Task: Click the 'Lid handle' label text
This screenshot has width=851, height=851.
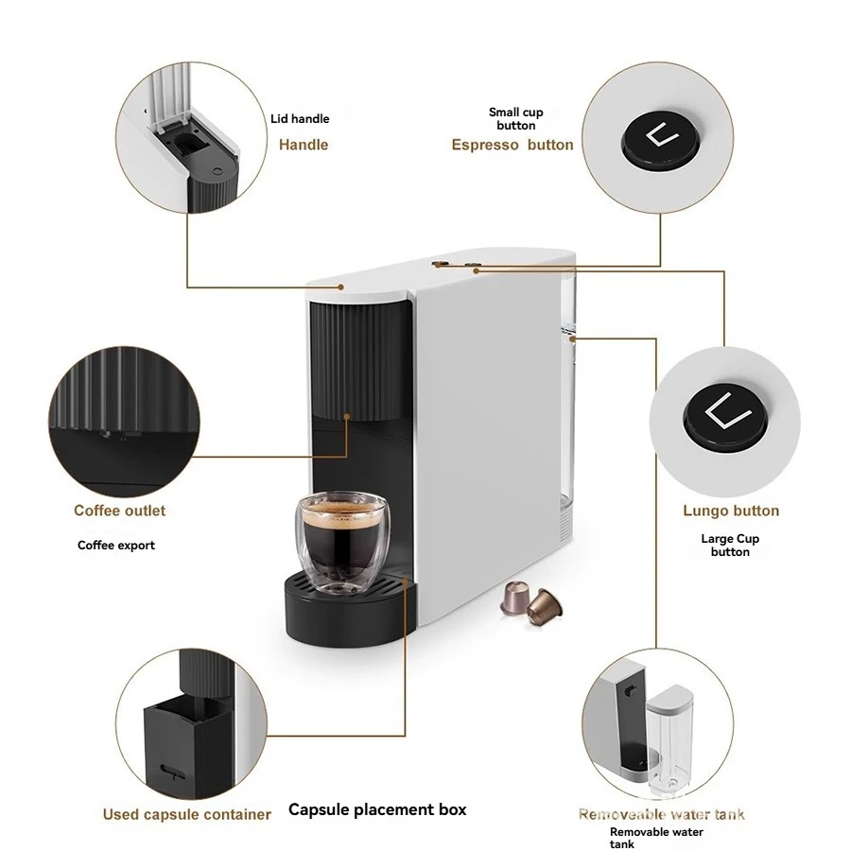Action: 299,119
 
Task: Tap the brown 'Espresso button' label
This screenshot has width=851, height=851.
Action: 512,145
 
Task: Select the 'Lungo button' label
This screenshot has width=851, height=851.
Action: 731,511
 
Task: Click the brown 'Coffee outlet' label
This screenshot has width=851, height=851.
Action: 120,511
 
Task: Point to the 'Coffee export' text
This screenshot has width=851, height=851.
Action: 116,546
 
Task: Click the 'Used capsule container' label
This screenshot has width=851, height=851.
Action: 187,814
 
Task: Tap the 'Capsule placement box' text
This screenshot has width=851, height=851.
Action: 377,809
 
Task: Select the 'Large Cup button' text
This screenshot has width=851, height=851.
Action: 730,546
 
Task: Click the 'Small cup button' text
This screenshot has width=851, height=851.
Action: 516,118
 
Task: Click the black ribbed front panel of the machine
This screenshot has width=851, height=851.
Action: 359,359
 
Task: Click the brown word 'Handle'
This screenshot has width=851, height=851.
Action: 304,145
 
